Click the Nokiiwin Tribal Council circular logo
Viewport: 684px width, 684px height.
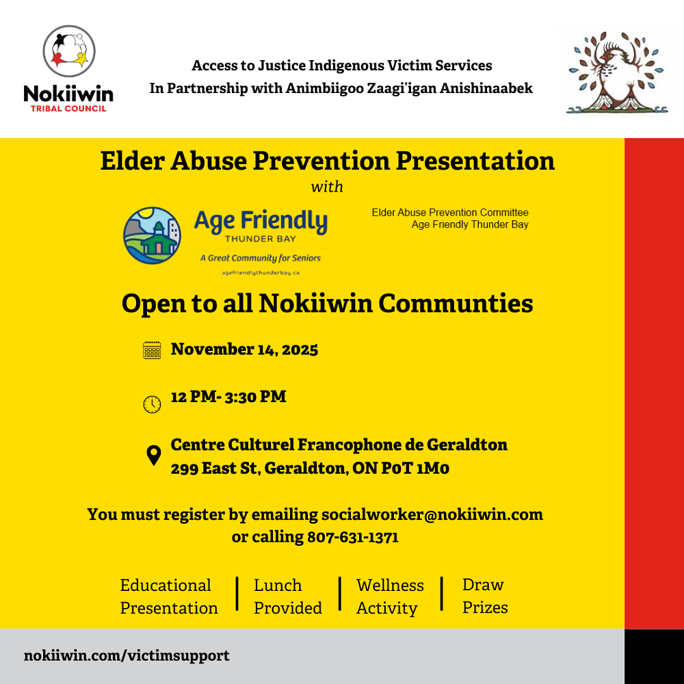click(68, 51)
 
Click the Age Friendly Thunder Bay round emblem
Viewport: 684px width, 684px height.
click(152, 235)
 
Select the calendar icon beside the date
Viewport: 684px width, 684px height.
click(152, 350)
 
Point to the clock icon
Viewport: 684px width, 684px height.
click(152, 404)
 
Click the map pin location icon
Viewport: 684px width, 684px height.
click(154, 456)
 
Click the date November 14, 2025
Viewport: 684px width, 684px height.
click(244, 350)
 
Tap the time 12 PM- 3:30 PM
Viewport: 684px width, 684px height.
click(228, 397)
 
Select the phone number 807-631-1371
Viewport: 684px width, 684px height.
click(353, 537)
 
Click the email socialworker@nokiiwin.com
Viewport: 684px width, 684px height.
click(432, 514)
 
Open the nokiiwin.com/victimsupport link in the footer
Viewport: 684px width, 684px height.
click(127, 655)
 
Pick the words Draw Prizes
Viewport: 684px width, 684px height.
click(485, 596)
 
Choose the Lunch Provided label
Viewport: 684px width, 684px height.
click(287, 596)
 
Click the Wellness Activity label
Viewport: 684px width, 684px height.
click(389, 596)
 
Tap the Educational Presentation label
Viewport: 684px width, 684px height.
click(169, 596)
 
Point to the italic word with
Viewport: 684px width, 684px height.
click(327, 187)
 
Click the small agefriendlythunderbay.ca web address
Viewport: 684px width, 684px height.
click(261, 272)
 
